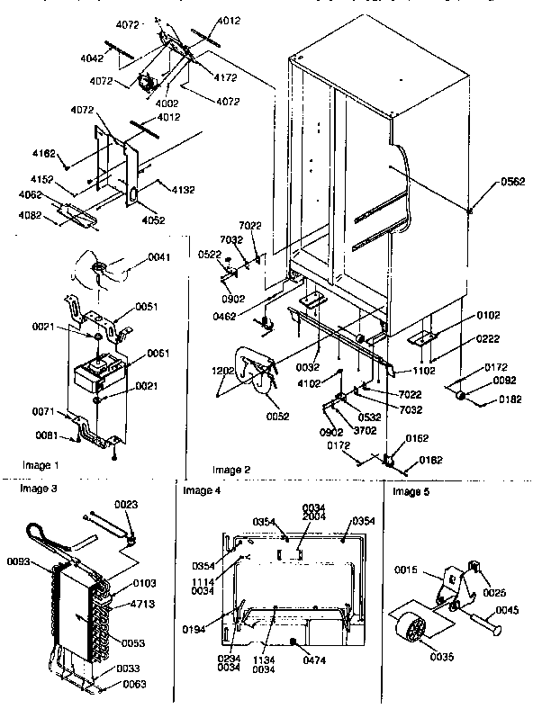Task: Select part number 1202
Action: coord(225,371)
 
